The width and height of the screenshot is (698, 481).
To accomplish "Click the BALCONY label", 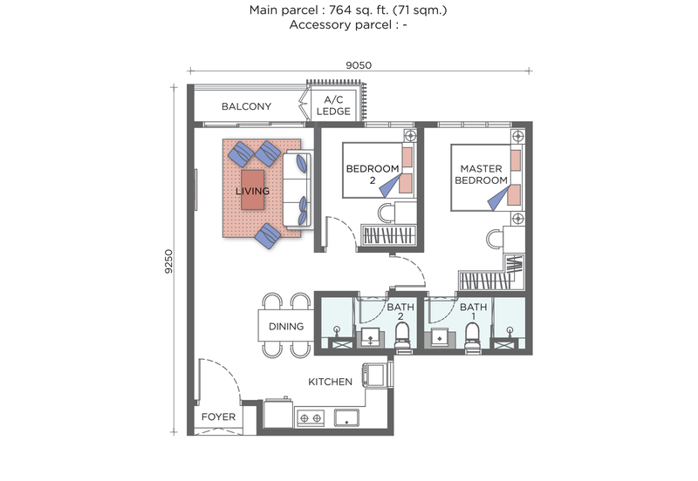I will tap(246, 106).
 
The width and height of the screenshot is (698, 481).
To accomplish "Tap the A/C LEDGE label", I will tap(332, 105).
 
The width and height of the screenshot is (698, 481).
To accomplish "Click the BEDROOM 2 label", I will tap(373, 173).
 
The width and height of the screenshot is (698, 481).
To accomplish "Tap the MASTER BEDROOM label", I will tap(483, 173).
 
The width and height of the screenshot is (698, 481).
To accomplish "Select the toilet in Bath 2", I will tap(403, 336).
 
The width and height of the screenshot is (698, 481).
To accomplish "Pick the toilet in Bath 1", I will tap(473, 336).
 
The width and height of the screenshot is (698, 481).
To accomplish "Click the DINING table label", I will tap(285, 327).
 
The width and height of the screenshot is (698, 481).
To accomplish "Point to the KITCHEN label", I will tap(330, 382).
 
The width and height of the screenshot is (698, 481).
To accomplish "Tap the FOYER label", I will tap(218, 417).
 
